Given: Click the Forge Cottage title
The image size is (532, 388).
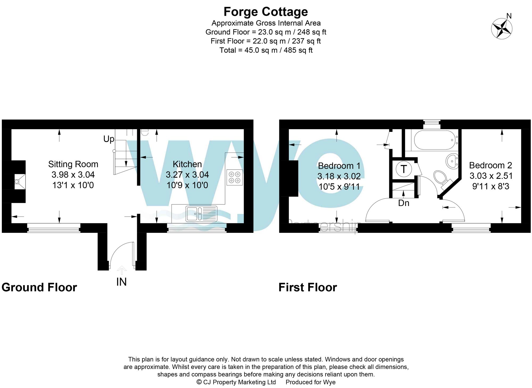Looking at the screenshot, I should tap(265, 12).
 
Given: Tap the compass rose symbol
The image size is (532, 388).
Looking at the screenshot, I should tap(502, 29).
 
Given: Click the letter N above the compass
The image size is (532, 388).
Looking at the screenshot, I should tap(509, 16).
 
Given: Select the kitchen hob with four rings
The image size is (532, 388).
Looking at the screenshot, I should tap(235, 177).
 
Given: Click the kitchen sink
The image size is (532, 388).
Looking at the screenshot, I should tap(201, 214).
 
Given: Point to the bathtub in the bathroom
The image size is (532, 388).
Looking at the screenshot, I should tap(434, 140).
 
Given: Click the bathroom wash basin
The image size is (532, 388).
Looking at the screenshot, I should tap(452, 161).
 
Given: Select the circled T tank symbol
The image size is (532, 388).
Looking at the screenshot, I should tap(404, 169).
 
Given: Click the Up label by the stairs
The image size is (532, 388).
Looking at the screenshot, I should tap(109, 139).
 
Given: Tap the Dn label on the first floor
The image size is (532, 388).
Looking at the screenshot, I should tap(404, 203).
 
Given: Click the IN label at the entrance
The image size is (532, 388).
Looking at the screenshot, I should tap(121, 282).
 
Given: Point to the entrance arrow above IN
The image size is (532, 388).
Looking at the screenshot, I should tap(122, 270).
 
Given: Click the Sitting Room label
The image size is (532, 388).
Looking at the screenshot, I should tap(73, 164).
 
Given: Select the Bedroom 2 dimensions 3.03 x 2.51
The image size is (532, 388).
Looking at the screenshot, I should tap(491, 176).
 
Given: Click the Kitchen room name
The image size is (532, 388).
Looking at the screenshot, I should tap(187, 164).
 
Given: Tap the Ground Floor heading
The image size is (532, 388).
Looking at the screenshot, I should tap(39, 287).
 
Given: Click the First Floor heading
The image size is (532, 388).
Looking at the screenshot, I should tap(308, 287).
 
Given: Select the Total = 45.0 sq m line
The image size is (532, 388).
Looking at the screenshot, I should tap(266, 50).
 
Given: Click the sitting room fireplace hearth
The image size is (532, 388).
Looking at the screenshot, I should tap(19, 182).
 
